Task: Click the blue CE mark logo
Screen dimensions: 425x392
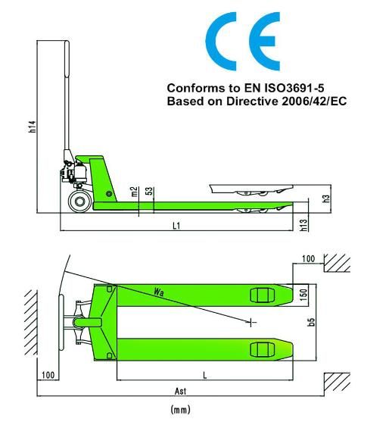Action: point(244,43)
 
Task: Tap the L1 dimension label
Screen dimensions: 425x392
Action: point(176,225)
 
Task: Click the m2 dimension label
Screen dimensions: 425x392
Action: point(134,192)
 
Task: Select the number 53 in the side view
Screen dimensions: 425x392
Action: point(150,191)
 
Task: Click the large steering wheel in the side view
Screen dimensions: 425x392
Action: point(79,202)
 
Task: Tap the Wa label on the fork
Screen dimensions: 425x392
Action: point(159,291)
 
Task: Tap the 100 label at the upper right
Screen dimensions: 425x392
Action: point(308,259)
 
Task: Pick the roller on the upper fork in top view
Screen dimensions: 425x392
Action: point(261,296)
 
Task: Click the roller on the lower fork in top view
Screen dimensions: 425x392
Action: point(261,349)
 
